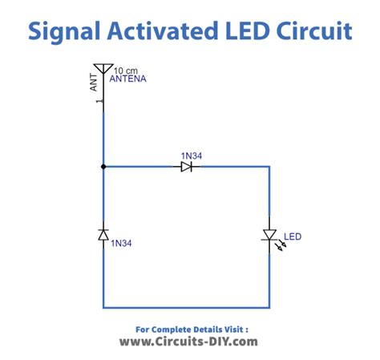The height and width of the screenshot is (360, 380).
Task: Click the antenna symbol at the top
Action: pos(103,71)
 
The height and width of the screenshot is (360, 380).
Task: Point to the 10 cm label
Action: pos(125,70)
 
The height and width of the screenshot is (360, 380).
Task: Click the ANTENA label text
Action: pos(131,79)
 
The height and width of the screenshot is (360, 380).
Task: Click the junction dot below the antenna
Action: pos(103,167)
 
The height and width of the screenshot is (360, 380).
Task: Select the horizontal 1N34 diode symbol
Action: pos(186,167)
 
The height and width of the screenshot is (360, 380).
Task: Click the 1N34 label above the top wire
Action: pos(192,154)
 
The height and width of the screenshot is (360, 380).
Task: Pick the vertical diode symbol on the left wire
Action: pos(103,234)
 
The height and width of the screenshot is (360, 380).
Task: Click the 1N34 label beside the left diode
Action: pos(122,242)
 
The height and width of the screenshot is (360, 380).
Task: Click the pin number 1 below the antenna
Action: pos(97,102)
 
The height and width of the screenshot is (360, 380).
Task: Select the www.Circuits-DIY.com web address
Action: pos(189,342)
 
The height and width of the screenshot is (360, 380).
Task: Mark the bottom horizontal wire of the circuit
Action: pos(186,307)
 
